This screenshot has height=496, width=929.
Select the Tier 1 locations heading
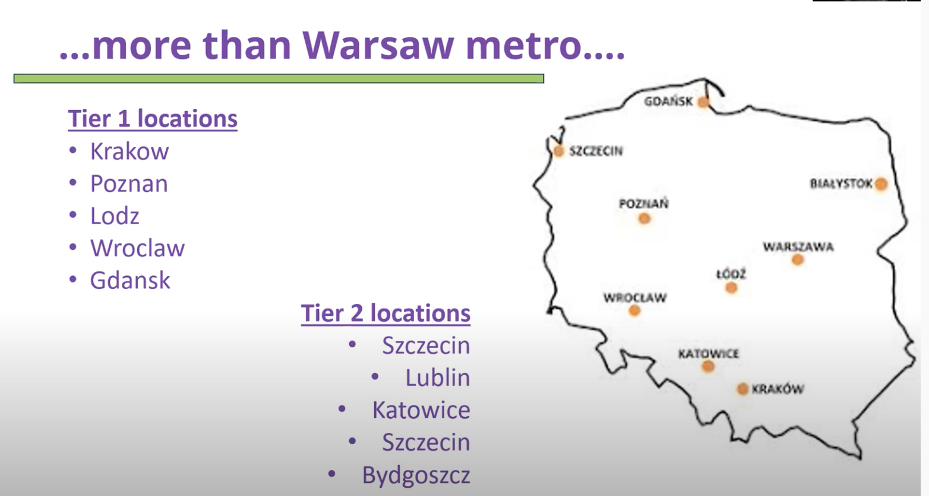click(x=153, y=119)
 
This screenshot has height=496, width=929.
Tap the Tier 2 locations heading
click(x=385, y=313)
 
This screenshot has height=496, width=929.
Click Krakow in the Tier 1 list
click(x=129, y=151)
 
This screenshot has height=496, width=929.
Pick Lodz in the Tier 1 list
click(x=115, y=216)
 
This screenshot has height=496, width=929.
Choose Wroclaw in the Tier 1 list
click(x=137, y=248)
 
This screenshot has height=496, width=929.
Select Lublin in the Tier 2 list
click(x=438, y=378)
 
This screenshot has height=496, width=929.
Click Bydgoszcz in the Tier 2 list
click(x=416, y=475)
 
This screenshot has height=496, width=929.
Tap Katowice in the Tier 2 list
click(x=421, y=410)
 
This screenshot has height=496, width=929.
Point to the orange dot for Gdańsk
click(x=703, y=102)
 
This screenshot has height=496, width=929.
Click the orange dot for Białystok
click(x=881, y=184)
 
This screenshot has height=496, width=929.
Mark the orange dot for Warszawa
click(x=798, y=260)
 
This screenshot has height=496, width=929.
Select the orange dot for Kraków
click(x=742, y=389)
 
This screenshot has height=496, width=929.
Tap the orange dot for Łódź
click(x=731, y=287)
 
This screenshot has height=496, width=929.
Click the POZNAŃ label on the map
click(x=644, y=203)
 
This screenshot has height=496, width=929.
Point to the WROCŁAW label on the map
click(x=635, y=298)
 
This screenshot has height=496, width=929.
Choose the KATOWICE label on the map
click(x=709, y=354)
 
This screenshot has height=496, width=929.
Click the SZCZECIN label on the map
click(x=596, y=151)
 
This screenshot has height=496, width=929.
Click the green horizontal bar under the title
click(x=279, y=79)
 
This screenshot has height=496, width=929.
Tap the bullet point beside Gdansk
click(x=73, y=279)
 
